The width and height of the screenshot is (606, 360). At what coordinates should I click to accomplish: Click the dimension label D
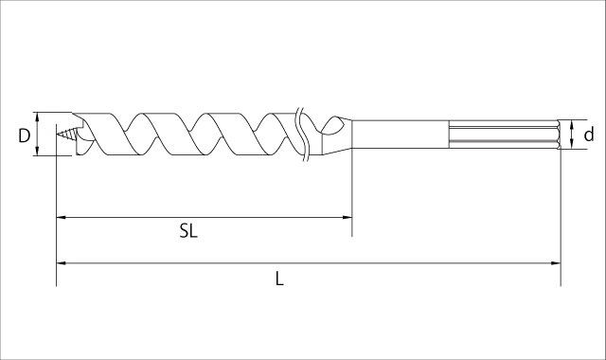pos(24,135)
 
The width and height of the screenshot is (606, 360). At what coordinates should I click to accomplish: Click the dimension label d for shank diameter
pos(588,135)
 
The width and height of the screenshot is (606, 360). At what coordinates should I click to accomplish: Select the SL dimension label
pos(188,231)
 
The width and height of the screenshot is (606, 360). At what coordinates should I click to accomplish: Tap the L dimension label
pos(279,279)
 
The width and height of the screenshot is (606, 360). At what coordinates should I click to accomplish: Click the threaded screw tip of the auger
pos(67,135)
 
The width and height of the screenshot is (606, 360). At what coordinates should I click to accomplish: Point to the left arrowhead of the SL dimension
pos(62,217)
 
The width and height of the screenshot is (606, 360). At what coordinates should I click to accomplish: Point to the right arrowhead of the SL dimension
pos(348,217)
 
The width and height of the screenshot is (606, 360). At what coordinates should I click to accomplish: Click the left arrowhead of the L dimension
pos(62,263)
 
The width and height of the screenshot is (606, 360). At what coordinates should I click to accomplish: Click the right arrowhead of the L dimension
pos(556,263)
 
